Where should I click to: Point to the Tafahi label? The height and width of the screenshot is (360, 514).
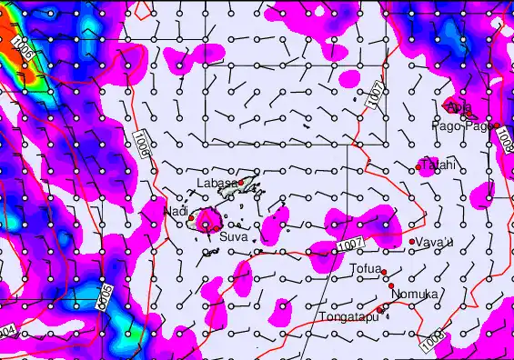point(438,165)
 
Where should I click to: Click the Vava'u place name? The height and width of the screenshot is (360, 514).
point(434,243)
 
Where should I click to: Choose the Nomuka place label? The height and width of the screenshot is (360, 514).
point(415,295)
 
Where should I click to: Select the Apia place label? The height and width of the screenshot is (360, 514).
point(459,108)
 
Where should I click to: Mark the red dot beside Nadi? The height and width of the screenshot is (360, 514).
point(190,217)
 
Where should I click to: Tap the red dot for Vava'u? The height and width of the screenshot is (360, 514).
point(412,241)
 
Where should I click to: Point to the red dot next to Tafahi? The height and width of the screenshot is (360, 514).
point(418,166)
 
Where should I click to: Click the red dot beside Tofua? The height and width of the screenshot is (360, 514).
point(384,272)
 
